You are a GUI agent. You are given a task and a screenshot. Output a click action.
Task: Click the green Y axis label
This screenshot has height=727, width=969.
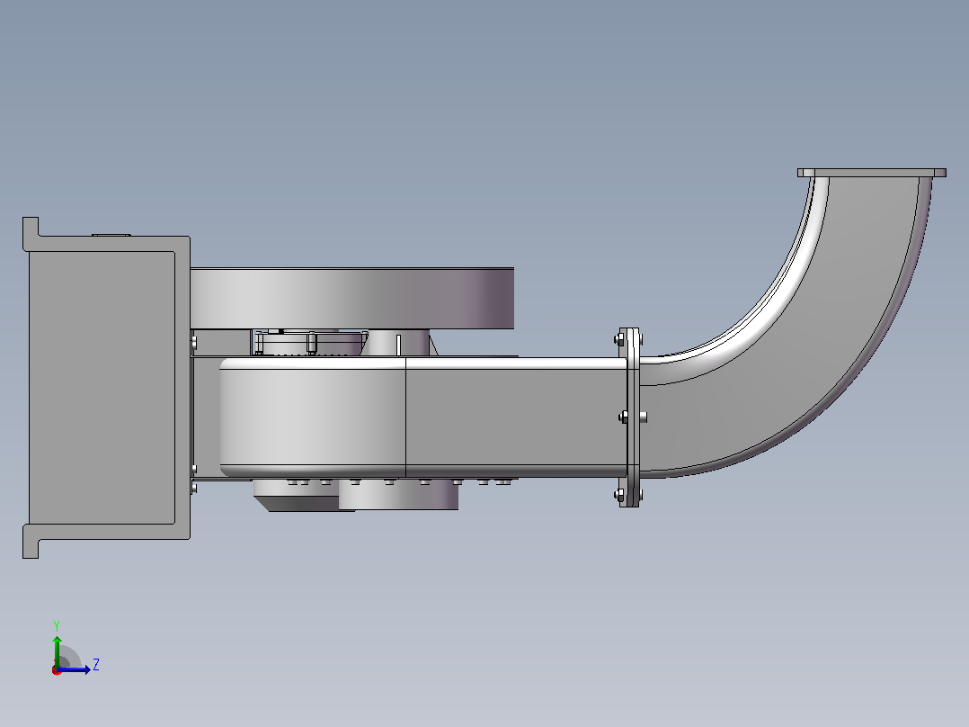[57, 625]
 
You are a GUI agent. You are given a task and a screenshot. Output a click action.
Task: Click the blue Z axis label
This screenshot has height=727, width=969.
[96, 665]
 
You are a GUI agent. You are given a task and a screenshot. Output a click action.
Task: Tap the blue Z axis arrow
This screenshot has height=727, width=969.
[74, 669]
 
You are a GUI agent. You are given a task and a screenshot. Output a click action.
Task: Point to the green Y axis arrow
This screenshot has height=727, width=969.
[57, 651]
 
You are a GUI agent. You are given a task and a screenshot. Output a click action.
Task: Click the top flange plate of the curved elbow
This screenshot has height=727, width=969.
[871, 173]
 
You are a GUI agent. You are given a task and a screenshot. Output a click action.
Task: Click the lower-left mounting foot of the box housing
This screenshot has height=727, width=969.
[31, 542]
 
